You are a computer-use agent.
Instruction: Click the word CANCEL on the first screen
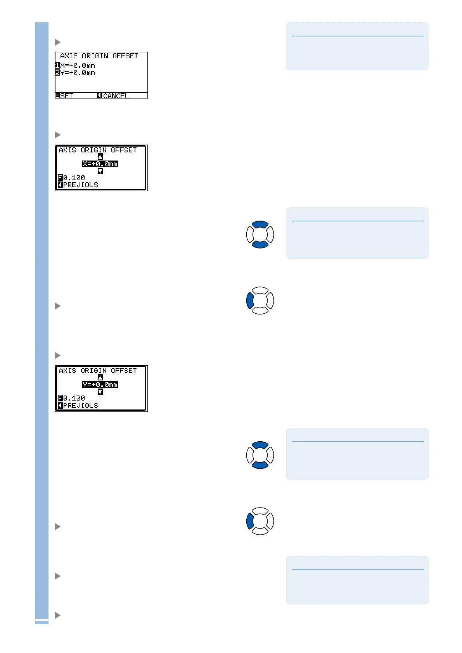click(x=116, y=96)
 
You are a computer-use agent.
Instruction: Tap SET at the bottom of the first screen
click(x=66, y=96)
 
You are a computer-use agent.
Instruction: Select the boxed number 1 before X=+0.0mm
click(x=57, y=66)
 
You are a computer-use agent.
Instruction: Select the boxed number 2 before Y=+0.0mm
click(x=57, y=73)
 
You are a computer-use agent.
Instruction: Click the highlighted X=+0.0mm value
click(x=100, y=164)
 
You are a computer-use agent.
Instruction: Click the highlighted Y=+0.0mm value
click(x=100, y=385)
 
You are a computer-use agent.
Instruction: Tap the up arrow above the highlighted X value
click(x=100, y=157)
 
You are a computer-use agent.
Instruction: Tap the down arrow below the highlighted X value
click(x=100, y=171)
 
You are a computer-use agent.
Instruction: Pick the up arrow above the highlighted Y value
click(x=100, y=377)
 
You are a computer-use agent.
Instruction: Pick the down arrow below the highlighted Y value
click(x=100, y=392)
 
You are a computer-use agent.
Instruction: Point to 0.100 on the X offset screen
click(x=74, y=178)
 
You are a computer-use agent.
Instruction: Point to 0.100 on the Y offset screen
click(x=74, y=398)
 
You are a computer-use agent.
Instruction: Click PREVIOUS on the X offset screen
click(x=80, y=185)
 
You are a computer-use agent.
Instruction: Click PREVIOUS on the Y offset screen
click(x=80, y=406)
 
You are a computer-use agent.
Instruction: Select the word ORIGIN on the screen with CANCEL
click(x=95, y=56)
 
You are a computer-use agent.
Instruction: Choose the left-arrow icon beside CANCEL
click(x=99, y=95)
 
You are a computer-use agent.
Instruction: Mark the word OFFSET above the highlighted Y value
click(x=124, y=371)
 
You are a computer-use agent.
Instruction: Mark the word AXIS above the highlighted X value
click(x=67, y=150)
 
